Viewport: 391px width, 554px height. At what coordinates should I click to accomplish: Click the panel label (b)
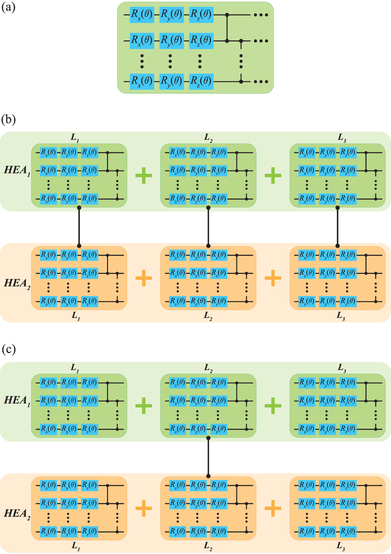(x=8, y=120)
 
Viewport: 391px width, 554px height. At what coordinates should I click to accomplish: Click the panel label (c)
(x=8, y=349)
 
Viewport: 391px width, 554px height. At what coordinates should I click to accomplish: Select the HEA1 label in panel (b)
(x=17, y=170)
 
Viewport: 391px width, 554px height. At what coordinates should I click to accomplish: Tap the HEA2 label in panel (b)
(x=17, y=283)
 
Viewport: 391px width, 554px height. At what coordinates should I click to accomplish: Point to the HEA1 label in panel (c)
(x=17, y=401)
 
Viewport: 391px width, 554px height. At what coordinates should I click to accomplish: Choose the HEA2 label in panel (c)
(x=17, y=514)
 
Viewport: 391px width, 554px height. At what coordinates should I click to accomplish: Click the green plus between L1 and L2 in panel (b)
(x=144, y=175)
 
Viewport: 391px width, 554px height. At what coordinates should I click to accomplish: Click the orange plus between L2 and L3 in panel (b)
(x=273, y=278)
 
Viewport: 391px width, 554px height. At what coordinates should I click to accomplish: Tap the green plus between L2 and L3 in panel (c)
(x=273, y=406)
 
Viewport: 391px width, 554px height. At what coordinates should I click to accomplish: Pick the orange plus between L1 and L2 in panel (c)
(x=144, y=508)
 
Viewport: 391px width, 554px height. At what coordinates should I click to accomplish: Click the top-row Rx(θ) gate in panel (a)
(x=141, y=15)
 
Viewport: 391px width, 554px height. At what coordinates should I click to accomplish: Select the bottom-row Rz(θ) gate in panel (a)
(x=201, y=82)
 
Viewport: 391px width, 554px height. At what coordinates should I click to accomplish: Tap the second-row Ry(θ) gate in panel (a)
(x=171, y=41)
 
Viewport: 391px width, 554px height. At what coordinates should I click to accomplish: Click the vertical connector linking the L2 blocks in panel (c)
(x=208, y=457)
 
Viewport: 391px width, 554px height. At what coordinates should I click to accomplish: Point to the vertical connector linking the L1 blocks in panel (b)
(x=79, y=227)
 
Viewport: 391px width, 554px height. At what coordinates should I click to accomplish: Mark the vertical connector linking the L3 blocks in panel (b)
(x=337, y=227)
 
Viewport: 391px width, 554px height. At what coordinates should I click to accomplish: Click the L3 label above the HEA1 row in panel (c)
(x=342, y=368)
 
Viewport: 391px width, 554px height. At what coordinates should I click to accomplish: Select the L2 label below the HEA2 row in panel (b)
(x=208, y=316)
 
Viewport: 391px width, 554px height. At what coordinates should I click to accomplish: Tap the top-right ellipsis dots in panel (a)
(x=261, y=15)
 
